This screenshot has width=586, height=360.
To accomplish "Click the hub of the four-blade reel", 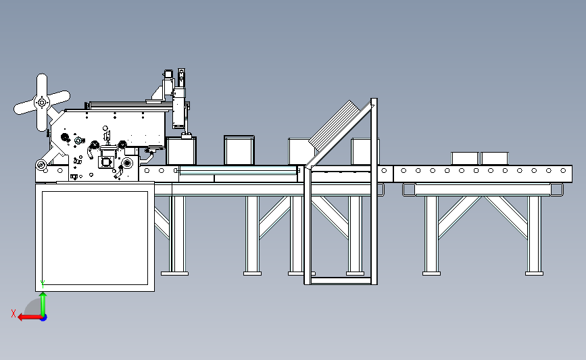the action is (x=42, y=102).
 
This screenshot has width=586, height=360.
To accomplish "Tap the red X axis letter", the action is (x=14, y=313).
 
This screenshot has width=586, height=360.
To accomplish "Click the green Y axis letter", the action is (x=43, y=284).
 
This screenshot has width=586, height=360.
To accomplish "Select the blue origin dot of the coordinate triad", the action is (x=43, y=318).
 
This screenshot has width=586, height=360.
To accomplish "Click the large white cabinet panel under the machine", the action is (x=95, y=238).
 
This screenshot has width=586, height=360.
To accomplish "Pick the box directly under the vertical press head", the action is (x=181, y=151).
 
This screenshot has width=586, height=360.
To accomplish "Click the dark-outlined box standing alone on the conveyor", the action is (x=239, y=150).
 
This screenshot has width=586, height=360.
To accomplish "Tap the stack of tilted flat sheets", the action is (x=334, y=125).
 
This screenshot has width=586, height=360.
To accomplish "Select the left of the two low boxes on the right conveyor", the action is (x=464, y=158).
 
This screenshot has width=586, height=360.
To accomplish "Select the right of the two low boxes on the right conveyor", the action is (x=495, y=158).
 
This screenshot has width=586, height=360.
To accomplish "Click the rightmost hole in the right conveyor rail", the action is (x=563, y=171).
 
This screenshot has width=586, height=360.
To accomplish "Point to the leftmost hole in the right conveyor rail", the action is (x=404, y=171).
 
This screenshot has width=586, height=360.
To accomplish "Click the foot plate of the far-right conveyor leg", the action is (x=534, y=274).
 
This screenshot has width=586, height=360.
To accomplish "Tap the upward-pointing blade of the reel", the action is (x=42, y=85).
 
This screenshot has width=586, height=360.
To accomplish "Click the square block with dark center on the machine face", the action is (x=106, y=162).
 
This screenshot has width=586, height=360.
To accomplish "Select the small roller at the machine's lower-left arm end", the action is (x=41, y=164).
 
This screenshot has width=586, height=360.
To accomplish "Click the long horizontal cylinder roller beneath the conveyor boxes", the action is (x=239, y=171).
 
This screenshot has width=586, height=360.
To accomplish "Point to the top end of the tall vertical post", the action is (x=374, y=100).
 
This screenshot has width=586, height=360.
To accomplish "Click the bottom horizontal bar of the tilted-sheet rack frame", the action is (x=341, y=280).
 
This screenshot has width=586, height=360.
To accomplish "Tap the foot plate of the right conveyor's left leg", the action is (x=431, y=274).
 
